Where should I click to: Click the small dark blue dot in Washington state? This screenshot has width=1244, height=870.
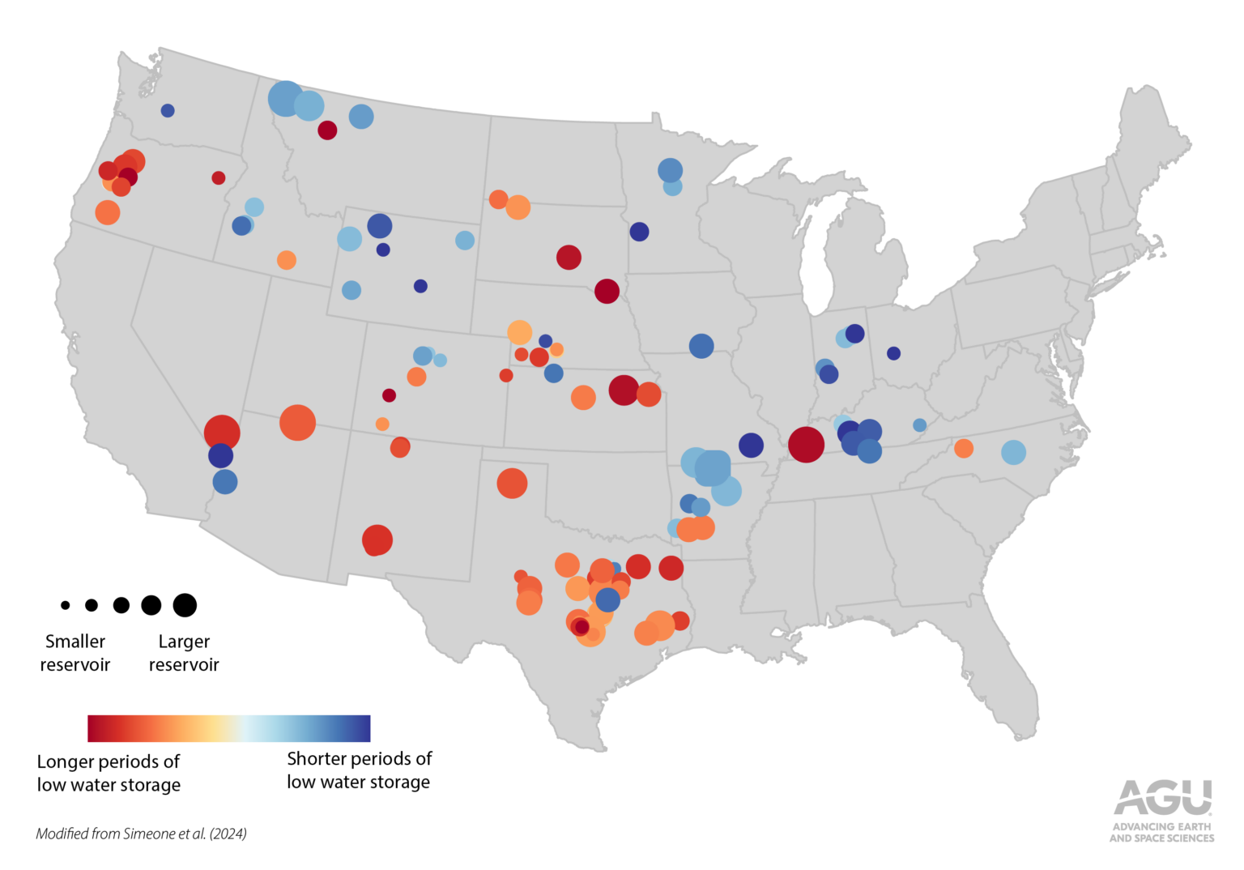coord(168,111)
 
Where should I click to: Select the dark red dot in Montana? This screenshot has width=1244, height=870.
coord(327,130)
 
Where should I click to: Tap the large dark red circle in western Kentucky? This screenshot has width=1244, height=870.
coord(806,445)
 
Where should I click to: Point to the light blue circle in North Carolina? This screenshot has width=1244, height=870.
coord(1013,452)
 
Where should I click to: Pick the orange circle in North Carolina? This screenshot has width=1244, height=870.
coord(963,448)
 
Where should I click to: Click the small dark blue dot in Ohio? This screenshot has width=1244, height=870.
coord(893,353)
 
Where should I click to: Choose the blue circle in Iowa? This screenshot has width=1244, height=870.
coord(701,346)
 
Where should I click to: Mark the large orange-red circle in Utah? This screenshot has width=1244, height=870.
coord(297,423)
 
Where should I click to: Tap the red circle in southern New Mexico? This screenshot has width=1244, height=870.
coord(377,539)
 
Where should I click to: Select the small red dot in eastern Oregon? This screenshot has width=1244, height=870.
coord(219,178)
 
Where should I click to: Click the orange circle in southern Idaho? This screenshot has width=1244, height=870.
coord(287,260)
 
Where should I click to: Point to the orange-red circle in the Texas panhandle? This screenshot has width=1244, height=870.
coord(512,484)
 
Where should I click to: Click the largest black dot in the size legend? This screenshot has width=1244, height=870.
coord(185,605)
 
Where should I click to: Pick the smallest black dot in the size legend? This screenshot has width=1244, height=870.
coord(66,605)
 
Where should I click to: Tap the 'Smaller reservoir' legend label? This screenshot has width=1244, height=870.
coord(75,653)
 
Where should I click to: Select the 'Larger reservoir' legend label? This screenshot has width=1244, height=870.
coord(184,653)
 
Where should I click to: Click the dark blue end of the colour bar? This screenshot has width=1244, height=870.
coord(361,728)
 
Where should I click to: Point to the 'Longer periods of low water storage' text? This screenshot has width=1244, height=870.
coord(109,773)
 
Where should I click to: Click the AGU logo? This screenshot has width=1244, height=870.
coord(1162,810)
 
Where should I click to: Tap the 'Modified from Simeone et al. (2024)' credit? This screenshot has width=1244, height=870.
coord(141,834)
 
